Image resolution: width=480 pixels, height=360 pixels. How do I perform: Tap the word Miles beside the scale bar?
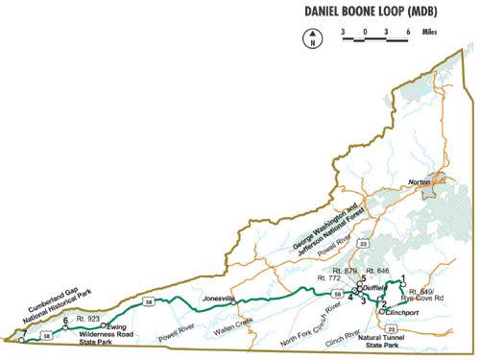click(x=433, y=32)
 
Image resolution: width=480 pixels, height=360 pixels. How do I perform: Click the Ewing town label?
click(x=117, y=327)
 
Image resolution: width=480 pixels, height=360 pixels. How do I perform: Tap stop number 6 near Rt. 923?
click(x=65, y=321)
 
